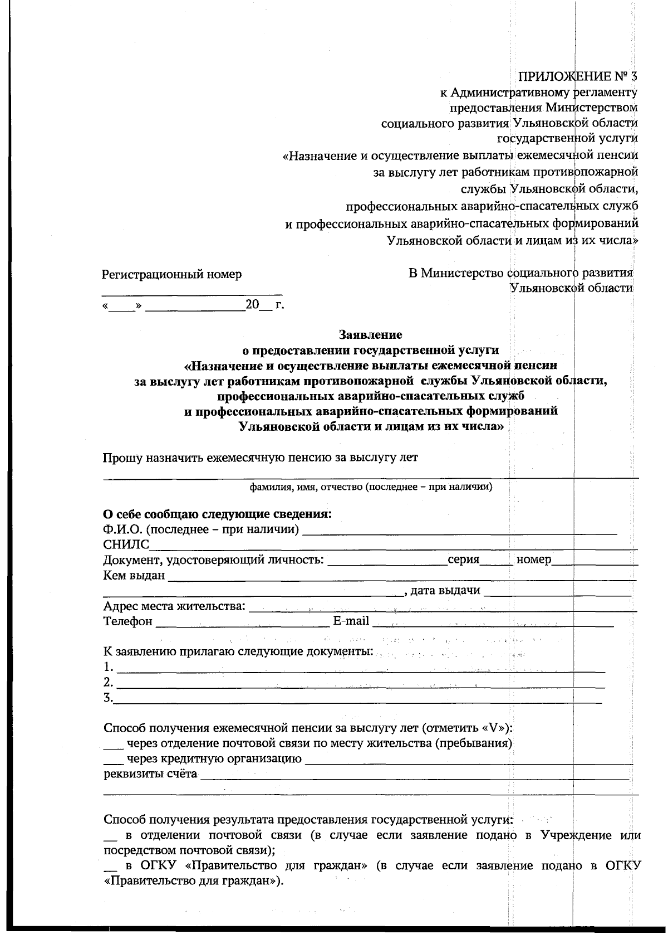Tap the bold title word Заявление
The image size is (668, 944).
click(x=370, y=335)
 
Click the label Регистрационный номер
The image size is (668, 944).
click(x=171, y=274)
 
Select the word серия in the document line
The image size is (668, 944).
click(x=463, y=559)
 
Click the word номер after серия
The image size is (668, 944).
click(x=533, y=559)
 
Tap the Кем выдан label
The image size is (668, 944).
click(x=134, y=575)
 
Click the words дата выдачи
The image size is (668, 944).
click(x=445, y=590)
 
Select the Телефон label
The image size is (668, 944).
click(x=128, y=621)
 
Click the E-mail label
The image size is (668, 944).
click(x=351, y=621)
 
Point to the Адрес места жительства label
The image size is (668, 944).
click(x=174, y=606)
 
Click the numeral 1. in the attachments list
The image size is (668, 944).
click(x=108, y=667)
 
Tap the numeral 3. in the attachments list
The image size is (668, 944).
click(x=108, y=698)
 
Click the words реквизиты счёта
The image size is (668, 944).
click(x=150, y=773)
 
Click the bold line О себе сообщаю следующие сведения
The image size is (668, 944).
click(x=217, y=513)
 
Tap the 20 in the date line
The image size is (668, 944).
click(x=252, y=304)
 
